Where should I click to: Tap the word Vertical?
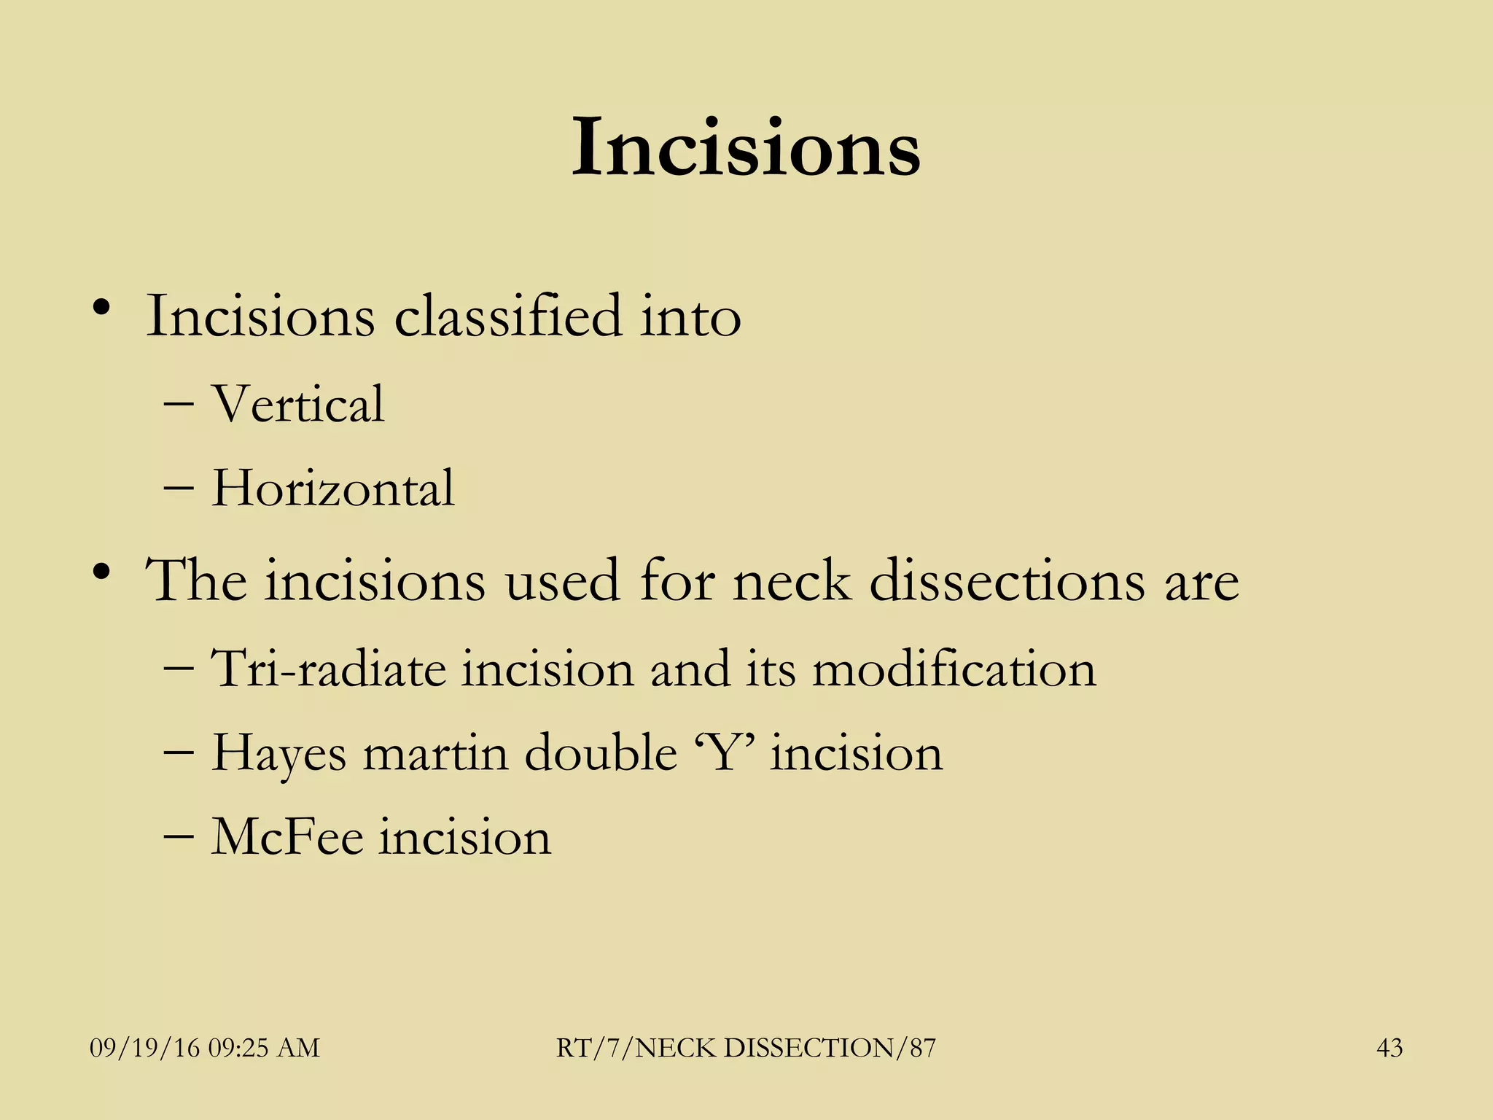pyautogui.click(x=297, y=404)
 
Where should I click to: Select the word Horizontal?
pyautogui.click(x=332, y=488)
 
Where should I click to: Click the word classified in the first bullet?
pyautogui.click(x=507, y=316)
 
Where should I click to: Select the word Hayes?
pyautogui.click(x=278, y=754)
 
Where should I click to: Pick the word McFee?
pyautogui.click(x=286, y=837)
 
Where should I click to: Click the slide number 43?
pyautogui.click(x=1389, y=1048)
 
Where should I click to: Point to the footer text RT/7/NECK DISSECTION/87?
pyautogui.click(x=746, y=1048)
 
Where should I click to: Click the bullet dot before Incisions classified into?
pyautogui.click(x=101, y=307)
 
